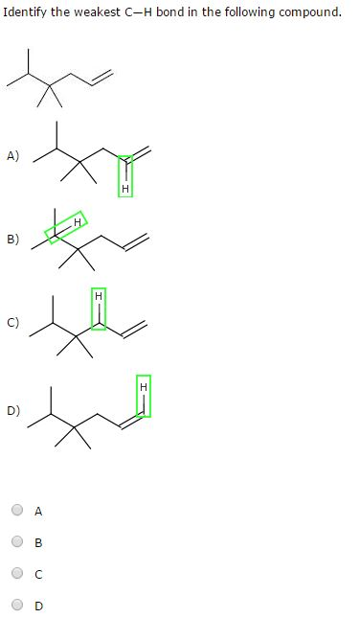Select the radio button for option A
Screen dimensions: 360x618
[18, 511]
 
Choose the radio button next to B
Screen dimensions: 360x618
[18, 542]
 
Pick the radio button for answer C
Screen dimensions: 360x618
[18, 574]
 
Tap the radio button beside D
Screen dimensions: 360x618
[18, 606]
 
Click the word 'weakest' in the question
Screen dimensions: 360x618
[98, 13]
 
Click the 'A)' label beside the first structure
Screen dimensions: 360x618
[12, 156]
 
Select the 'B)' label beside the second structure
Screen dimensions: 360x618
[12, 240]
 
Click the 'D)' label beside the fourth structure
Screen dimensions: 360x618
[12, 410]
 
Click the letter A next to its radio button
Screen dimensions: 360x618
[38, 512]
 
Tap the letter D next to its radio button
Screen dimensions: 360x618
[38, 606]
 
